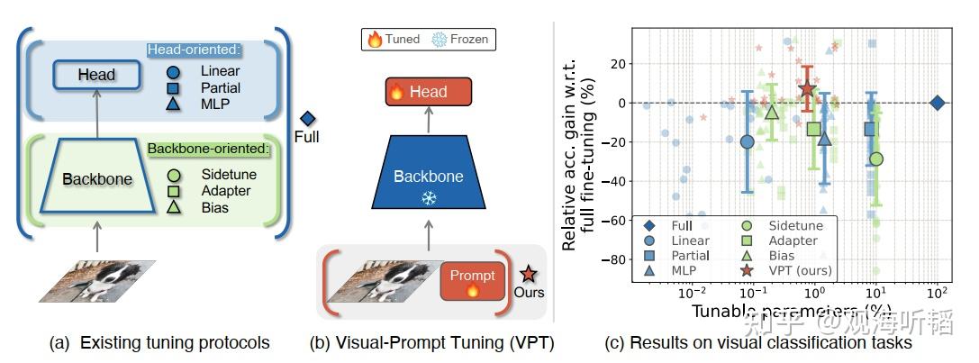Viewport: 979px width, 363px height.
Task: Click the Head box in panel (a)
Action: (96, 75)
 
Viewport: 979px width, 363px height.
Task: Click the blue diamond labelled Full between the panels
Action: (307, 118)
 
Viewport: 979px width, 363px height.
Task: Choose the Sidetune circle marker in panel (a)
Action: (175, 174)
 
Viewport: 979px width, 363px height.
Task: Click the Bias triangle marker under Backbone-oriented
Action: (175, 208)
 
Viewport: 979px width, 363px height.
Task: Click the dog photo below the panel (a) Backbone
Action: (97, 280)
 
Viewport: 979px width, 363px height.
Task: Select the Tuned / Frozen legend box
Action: (429, 39)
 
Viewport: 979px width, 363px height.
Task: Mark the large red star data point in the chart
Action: (807, 88)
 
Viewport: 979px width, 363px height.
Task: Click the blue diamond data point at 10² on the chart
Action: (937, 103)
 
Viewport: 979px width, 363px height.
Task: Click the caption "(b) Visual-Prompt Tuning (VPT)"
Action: (431, 343)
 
